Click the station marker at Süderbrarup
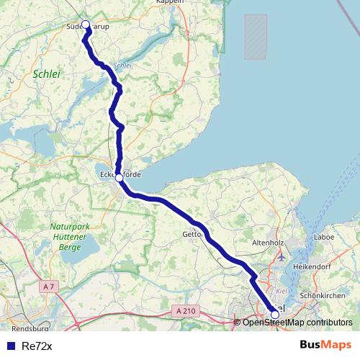(x=86, y=25)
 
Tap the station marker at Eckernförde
(x=120, y=178)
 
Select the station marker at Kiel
(x=275, y=314)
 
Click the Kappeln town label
(x=170, y=2)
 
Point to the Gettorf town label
(x=193, y=234)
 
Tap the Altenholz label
(x=269, y=243)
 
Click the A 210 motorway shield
(x=184, y=310)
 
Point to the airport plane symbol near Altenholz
(x=281, y=256)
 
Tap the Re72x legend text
(x=37, y=346)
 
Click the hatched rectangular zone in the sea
(x=256, y=37)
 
